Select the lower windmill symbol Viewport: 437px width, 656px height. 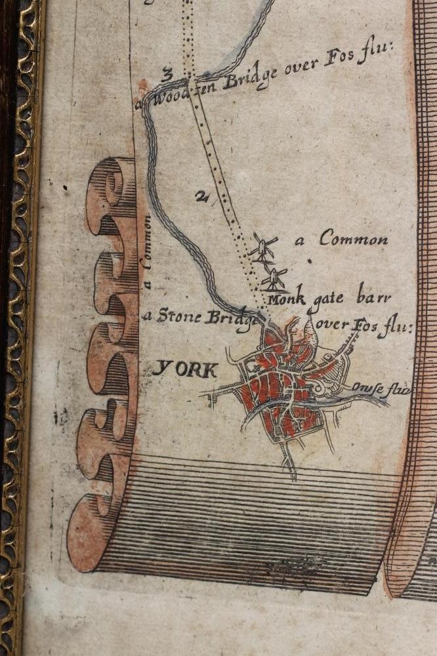tap(274, 279)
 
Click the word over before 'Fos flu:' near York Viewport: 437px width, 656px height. tap(334, 325)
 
